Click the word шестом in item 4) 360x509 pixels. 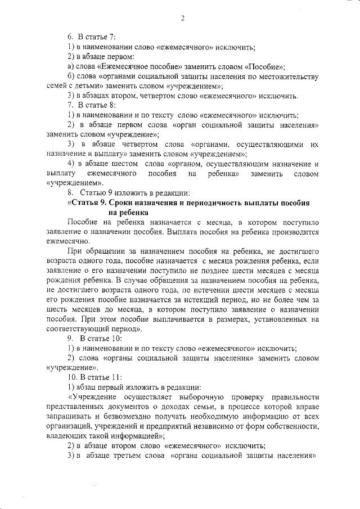(x=123, y=164)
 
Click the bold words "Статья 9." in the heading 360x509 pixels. (x=89, y=203)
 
